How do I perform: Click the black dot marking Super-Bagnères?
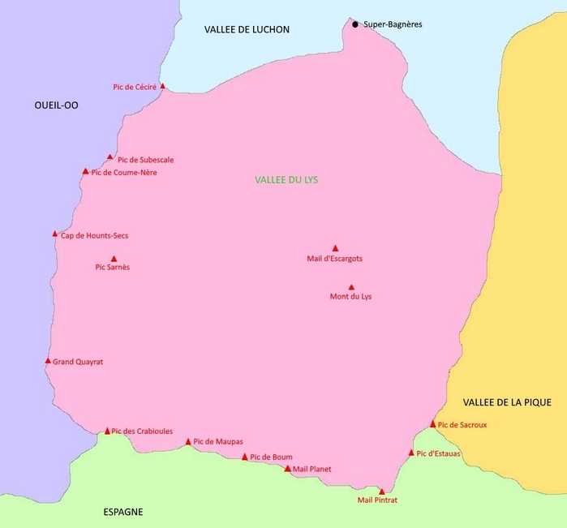pyautogui.click(x=355, y=24)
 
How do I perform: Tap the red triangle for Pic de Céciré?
pyautogui.click(x=163, y=85)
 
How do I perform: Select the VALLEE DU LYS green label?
pyautogui.click(x=286, y=180)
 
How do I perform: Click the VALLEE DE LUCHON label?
pyautogui.click(x=247, y=30)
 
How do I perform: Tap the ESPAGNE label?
pyautogui.click(x=123, y=512)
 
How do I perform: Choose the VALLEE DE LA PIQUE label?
pyautogui.click(x=507, y=402)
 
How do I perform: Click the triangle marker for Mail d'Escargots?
pyautogui.click(x=335, y=248)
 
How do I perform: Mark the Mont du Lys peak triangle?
pyautogui.click(x=351, y=287)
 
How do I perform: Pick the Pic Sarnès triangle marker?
pyautogui.click(x=114, y=259)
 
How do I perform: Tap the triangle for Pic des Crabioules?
pyautogui.click(x=107, y=431)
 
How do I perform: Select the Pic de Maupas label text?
pyautogui.click(x=218, y=442)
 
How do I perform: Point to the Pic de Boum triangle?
pyautogui.click(x=245, y=457)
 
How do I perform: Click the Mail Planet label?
pyautogui.click(x=311, y=470)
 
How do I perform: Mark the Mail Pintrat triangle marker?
pyautogui.click(x=381, y=491)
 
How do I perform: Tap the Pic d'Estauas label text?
pyautogui.click(x=438, y=453)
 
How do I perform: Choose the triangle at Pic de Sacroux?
pyautogui.click(x=433, y=424)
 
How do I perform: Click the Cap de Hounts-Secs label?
pyautogui.click(x=94, y=236)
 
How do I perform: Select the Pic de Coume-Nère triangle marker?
pyautogui.click(x=85, y=171)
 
